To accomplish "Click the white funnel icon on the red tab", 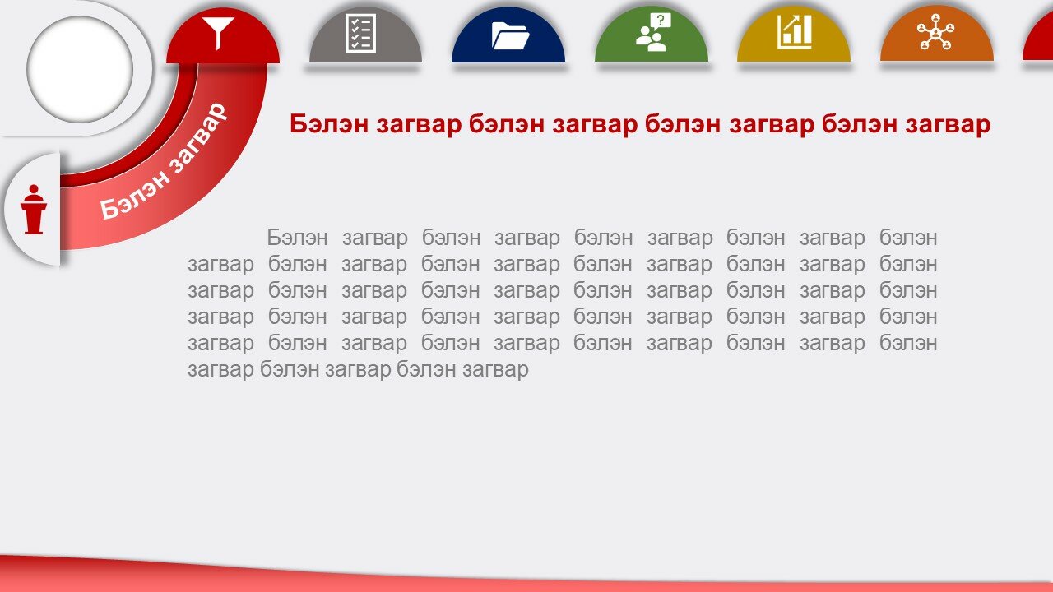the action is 218,33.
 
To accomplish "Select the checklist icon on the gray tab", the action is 360,33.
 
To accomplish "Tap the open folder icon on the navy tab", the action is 510,36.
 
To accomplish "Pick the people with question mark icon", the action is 653,32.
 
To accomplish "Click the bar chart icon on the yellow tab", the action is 795,31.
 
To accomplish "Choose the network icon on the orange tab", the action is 936,31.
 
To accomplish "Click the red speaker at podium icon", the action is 34,209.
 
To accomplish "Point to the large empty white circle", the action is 80,70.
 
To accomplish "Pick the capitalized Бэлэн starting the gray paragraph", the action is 297,238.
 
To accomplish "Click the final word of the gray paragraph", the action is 495,370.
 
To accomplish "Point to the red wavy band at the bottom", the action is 526,577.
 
